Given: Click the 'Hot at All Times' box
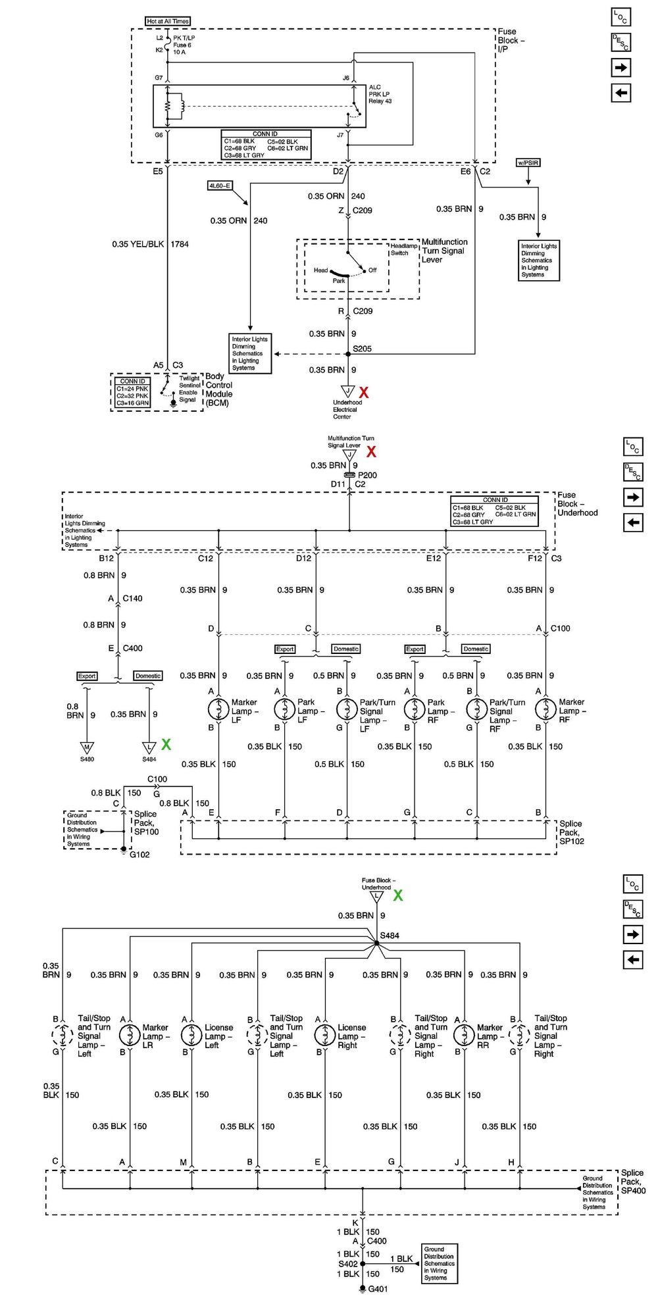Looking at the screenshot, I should point(168,21).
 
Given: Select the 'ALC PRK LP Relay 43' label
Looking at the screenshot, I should point(380,94).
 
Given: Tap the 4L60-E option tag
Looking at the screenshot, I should point(220,186).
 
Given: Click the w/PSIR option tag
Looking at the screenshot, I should point(528,163).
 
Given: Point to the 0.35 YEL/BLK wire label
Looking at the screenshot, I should point(138,244).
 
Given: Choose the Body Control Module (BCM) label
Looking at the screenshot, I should point(219,389).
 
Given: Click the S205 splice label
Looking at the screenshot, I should point(362,349).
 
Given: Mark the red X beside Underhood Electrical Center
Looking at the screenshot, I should point(363,393).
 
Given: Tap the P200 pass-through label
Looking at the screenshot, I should point(367,475).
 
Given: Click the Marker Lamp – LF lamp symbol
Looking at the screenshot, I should point(218,709).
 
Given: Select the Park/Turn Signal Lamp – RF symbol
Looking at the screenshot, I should point(476,709).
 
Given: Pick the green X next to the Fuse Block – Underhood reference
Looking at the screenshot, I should point(398,895).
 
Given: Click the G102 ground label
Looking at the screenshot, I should point(139,855).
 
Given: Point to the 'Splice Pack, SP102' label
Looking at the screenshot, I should point(571,832).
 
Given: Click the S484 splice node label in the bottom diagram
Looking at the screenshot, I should point(389,936).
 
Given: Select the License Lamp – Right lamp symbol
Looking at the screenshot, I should point(325,1035).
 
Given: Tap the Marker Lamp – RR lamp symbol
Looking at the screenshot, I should point(465,1035).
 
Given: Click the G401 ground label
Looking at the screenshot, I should point(378,1290).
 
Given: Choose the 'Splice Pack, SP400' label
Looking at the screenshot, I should point(633,1182).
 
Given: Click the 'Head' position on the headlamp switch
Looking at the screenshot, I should point(321,270).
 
